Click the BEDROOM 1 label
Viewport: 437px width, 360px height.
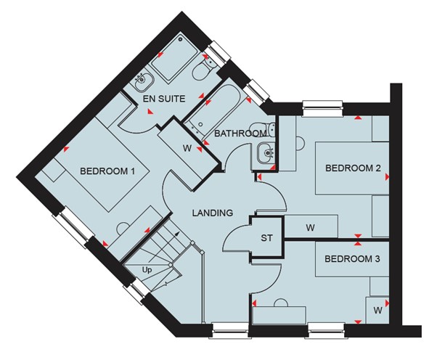click(x=107, y=171)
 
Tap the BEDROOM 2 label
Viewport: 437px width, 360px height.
click(x=353, y=168)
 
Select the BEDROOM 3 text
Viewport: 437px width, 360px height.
click(x=352, y=259)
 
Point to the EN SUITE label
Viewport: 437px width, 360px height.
click(x=164, y=99)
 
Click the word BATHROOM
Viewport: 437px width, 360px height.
click(x=240, y=134)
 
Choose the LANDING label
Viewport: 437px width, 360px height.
click(x=213, y=213)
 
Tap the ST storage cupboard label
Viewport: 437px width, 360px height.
click(x=266, y=238)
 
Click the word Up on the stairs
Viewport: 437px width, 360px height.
click(x=147, y=270)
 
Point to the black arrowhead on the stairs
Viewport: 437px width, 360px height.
click(x=176, y=234)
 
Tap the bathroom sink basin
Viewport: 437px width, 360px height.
click(x=266, y=152)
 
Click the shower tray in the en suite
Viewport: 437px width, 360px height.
click(x=174, y=60)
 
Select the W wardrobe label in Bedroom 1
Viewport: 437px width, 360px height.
click(x=187, y=149)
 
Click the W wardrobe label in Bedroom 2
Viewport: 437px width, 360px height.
click(x=310, y=228)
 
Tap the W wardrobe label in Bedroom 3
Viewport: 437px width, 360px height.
click(x=377, y=310)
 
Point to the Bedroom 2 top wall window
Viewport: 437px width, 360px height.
click(x=323, y=108)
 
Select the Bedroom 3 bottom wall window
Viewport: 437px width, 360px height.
click(x=327, y=331)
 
